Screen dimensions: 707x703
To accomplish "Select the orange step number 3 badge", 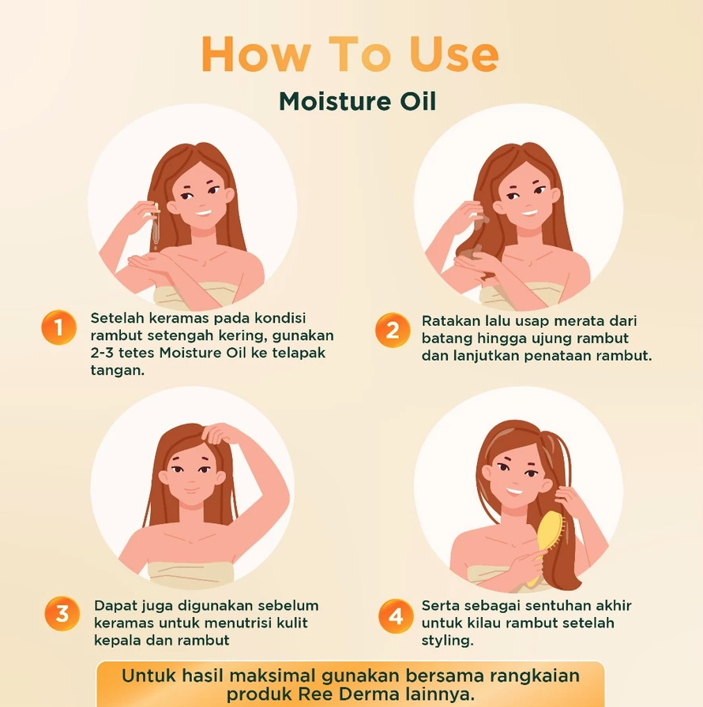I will coord(62,613).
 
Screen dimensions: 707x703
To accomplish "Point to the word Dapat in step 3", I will coord(114,606).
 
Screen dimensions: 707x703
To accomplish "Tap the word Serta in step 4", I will coord(441,606).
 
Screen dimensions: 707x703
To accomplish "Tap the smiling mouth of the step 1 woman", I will coord(203,212).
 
